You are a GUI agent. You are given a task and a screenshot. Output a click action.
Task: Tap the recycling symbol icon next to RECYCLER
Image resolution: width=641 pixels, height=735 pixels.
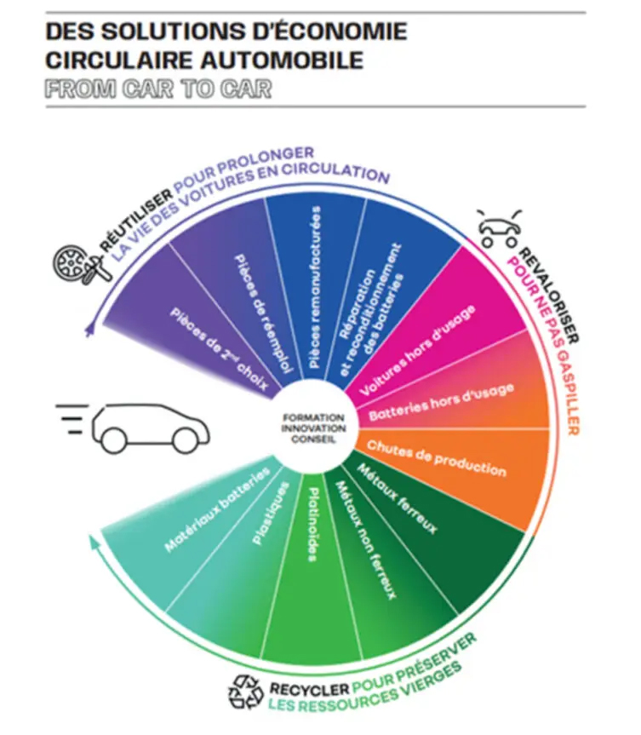pyautogui.click(x=247, y=691)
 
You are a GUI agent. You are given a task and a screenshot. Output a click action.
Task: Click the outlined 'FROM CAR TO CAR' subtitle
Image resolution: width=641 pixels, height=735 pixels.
pyautogui.click(x=158, y=90)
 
